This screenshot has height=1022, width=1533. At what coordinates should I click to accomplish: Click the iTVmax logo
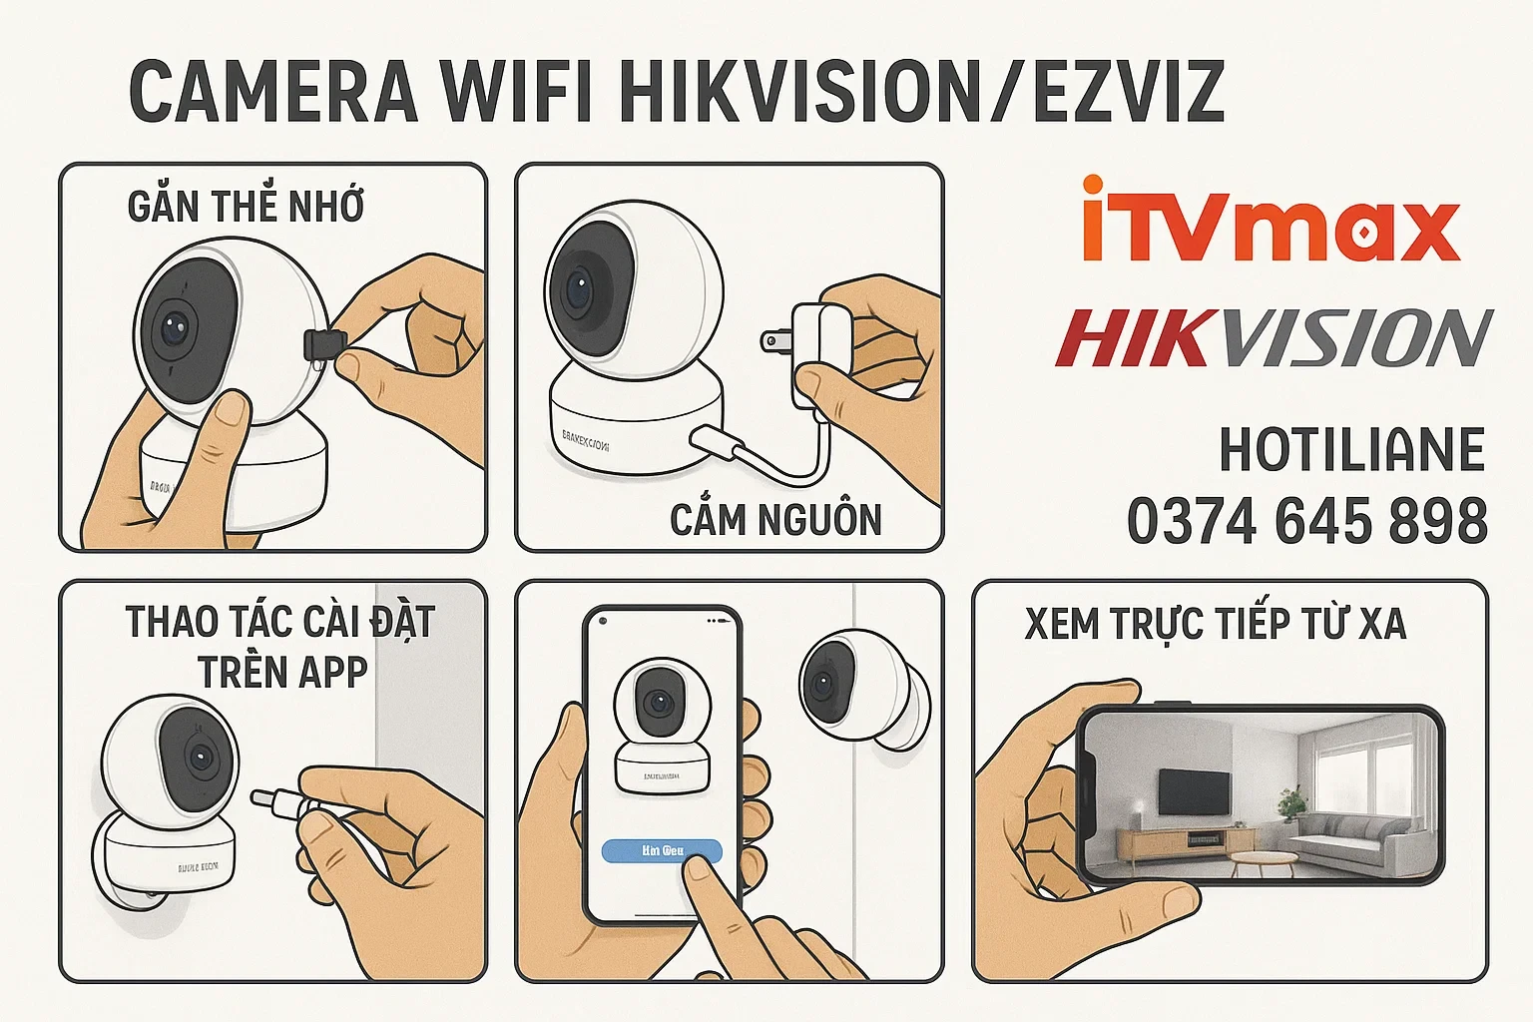pos(1271,222)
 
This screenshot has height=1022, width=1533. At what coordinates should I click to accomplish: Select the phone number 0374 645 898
pos(1306,521)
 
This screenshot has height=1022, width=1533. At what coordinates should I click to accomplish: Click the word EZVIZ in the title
pos(1128,92)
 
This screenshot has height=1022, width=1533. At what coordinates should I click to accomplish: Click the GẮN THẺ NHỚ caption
pos(246,207)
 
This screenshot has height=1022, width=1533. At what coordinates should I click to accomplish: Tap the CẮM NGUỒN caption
pos(775,519)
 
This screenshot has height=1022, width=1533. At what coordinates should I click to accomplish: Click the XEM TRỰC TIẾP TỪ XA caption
pos(1215,624)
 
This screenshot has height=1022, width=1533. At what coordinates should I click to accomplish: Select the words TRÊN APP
pos(282,671)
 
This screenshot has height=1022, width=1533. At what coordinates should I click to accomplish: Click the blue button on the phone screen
pos(662,851)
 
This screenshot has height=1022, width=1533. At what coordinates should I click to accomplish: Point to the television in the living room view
pos(1193,790)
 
